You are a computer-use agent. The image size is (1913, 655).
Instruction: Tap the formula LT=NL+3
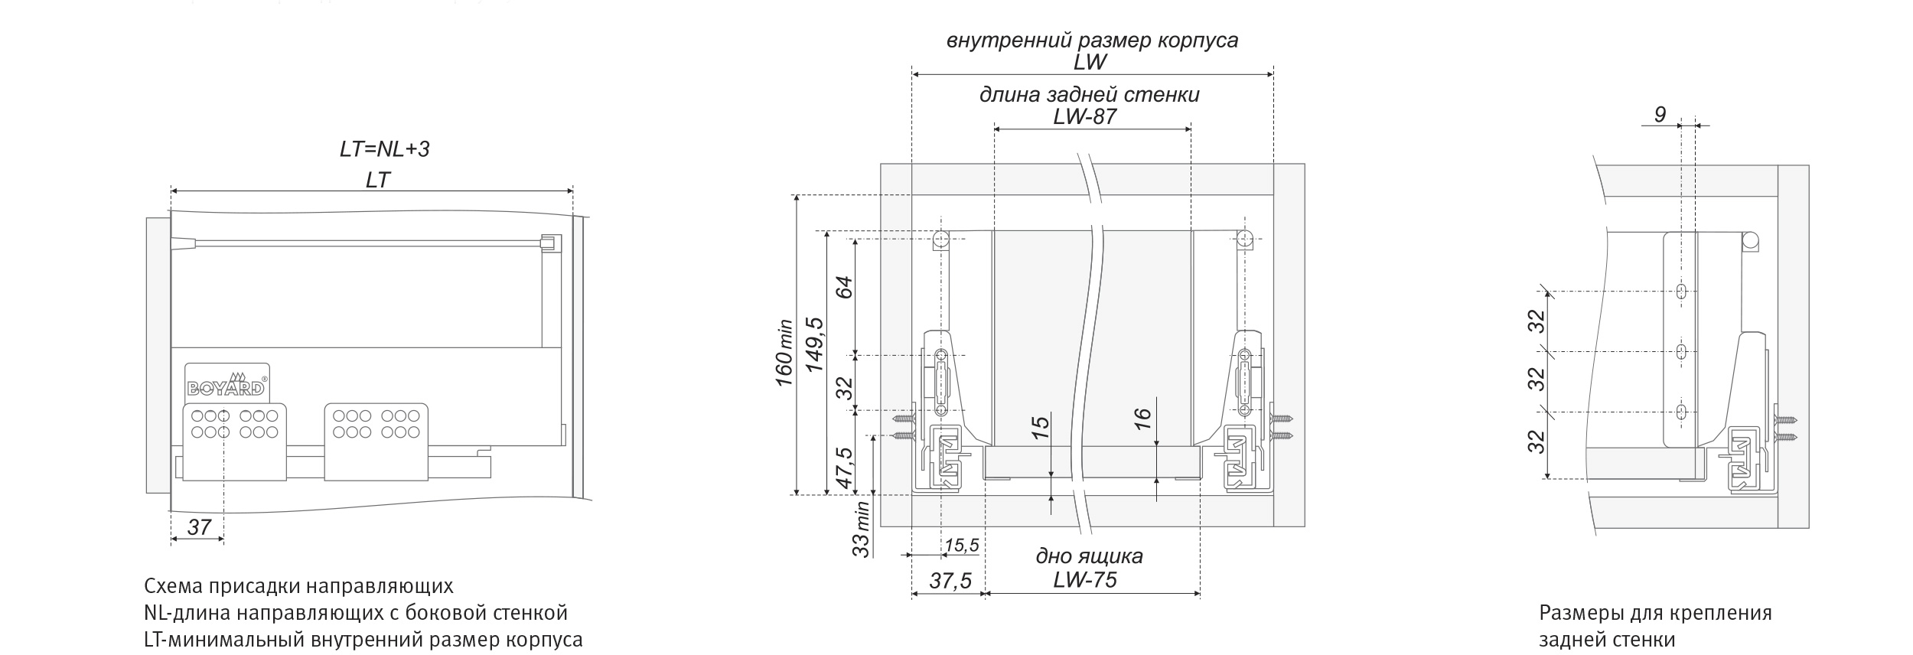384,148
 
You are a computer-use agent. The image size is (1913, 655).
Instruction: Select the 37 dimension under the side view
199,526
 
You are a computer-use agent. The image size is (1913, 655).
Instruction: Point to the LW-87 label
1084,116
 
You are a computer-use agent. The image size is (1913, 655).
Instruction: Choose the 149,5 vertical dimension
815,344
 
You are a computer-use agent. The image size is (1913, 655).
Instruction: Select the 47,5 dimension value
843,468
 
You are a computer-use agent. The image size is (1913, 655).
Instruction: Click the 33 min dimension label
861,528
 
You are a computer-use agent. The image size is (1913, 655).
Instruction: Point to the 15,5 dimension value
961,545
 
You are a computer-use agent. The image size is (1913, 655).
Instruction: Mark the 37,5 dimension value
950,581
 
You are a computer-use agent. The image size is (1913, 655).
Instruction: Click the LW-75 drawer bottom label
1084,580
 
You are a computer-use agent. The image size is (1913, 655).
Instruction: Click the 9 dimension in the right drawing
1660,114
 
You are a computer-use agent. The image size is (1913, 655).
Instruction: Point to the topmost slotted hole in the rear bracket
1681,292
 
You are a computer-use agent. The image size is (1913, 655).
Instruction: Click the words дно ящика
1089,556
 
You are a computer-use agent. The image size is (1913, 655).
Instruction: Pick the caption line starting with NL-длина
356,613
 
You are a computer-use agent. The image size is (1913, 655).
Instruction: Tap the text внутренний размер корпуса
1092,40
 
